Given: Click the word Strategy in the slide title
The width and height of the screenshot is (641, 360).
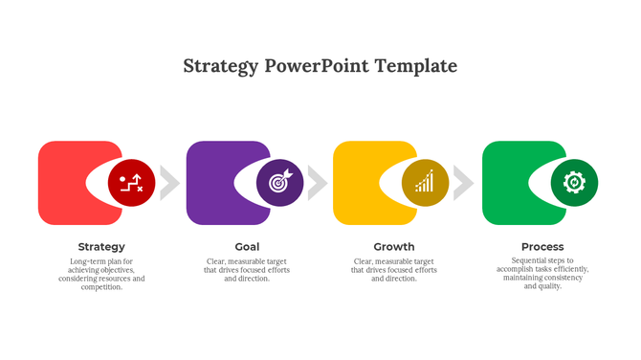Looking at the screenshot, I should (220, 66).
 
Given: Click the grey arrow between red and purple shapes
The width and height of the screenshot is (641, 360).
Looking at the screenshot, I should (168, 183).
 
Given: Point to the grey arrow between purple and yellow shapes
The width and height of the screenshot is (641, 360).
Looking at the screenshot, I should (317, 183).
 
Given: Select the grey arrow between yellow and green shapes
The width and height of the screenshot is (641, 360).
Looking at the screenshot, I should (463, 183).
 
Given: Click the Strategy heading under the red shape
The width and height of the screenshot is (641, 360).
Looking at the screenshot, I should (101, 247).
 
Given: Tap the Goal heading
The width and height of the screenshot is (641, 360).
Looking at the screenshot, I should (247, 247).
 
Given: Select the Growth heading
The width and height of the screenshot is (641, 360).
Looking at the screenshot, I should (394, 247).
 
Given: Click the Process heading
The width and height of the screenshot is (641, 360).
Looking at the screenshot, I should (542, 247).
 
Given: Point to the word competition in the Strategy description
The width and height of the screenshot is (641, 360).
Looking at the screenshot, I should (100, 287).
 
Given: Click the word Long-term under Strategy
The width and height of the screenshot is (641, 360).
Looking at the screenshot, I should (87, 261).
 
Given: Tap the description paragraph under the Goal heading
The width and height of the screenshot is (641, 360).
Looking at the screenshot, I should (247, 270).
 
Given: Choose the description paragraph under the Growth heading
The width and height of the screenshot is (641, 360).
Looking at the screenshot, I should (394, 270).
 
